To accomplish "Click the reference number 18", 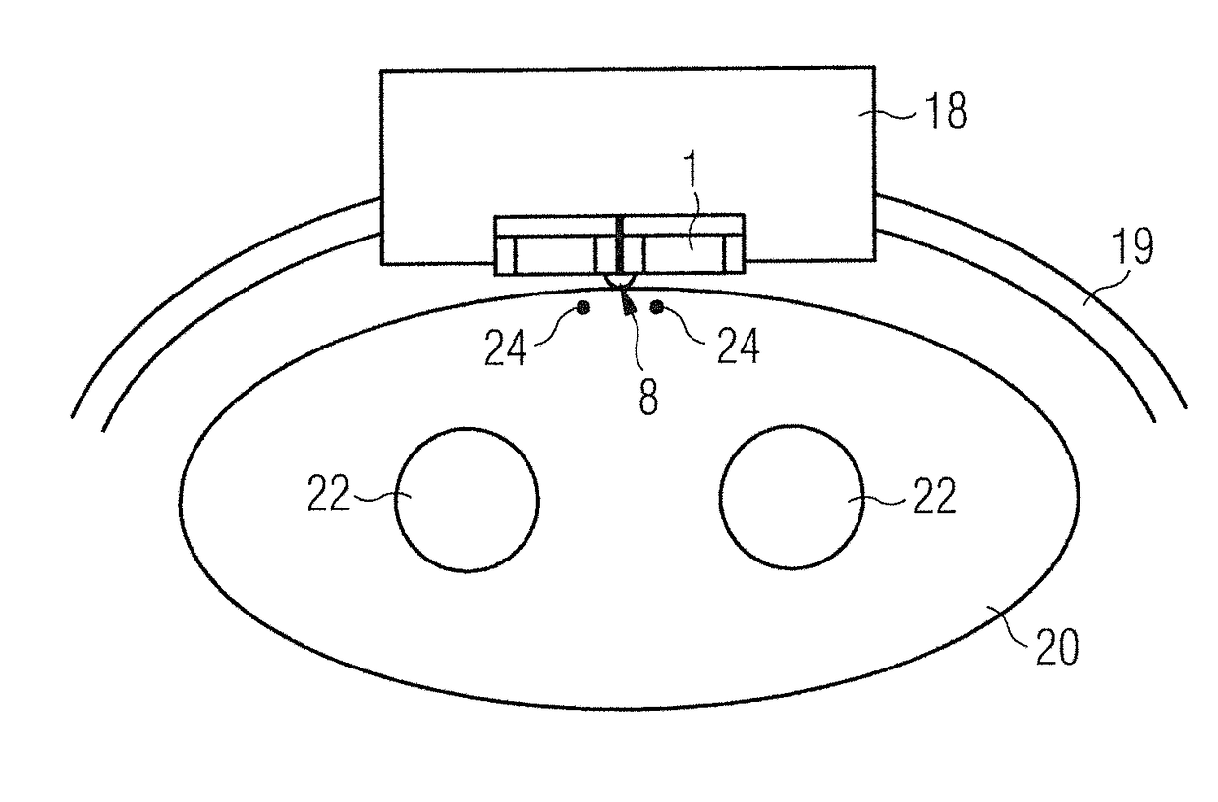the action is [944, 114].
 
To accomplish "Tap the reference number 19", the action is [1132, 249].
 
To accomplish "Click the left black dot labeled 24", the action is [583, 308].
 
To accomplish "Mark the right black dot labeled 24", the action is [657, 308].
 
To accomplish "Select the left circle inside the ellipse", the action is [467, 499].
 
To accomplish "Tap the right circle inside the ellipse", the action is [792, 497].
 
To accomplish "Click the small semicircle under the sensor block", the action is [620, 282].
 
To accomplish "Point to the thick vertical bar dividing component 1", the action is [620, 243].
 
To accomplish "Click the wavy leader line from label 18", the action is [897, 116].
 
